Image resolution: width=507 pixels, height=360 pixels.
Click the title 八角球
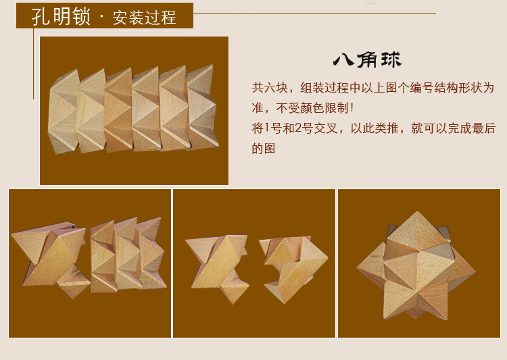coord(367,59)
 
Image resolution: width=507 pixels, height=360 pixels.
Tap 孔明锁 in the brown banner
coord(61,16)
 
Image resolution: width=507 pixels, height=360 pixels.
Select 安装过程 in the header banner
coord(145,17)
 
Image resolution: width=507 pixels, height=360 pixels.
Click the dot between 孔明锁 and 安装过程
coord(101,17)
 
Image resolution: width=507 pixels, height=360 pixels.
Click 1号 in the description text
coord(270,128)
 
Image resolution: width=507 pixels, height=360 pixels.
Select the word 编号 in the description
coord(417,88)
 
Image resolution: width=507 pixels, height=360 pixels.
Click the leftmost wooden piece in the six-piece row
coord(63,110)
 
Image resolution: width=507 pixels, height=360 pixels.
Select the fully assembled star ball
coord(416,263)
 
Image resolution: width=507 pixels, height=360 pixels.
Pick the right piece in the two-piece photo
coord(291,263)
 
